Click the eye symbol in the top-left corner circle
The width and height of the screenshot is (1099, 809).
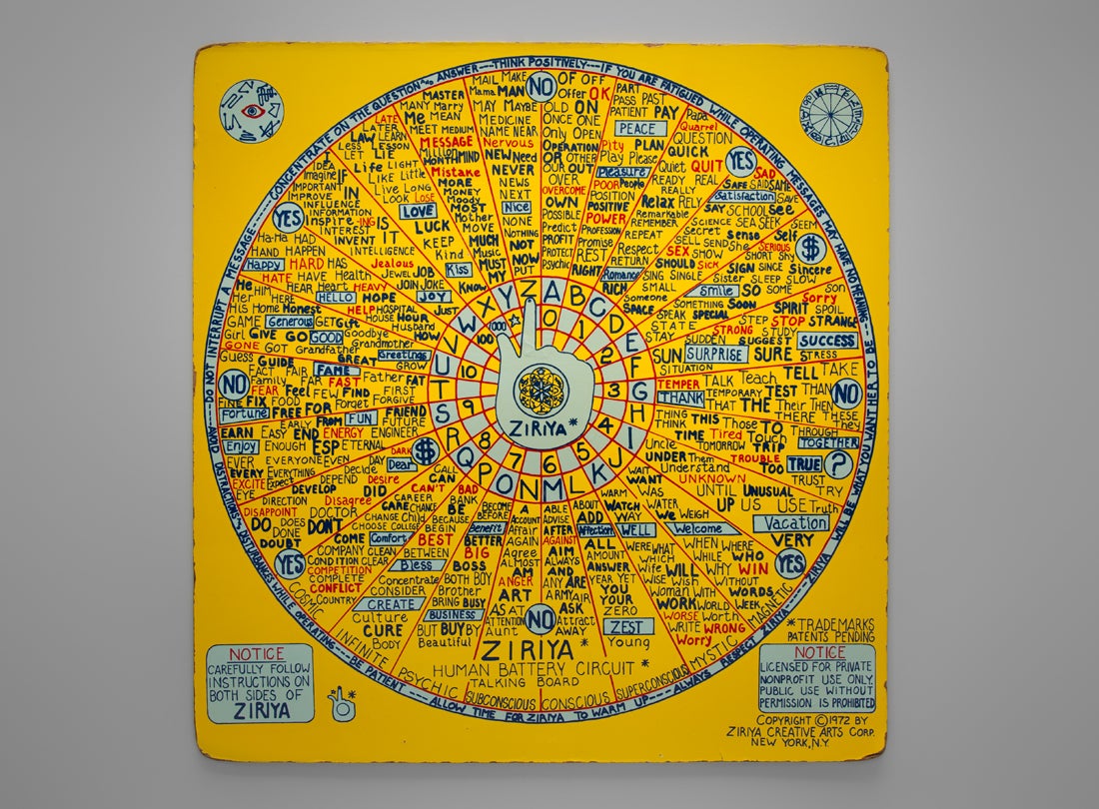[x=251, y=111]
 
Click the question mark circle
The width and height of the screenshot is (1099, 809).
[x=840, y=465]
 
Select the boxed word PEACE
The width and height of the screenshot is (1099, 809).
[x=635, y=129]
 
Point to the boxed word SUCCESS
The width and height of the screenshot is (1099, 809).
[x=827, y=341]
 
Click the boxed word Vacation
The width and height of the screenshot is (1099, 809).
[x=790, y=522]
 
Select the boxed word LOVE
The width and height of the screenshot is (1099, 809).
[x=418, y=212]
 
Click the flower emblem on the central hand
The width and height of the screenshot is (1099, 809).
[x=548, y=387]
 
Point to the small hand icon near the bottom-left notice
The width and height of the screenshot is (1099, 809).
[x=342, y=703]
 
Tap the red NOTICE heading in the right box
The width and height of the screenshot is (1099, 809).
[x=816, y=652]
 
